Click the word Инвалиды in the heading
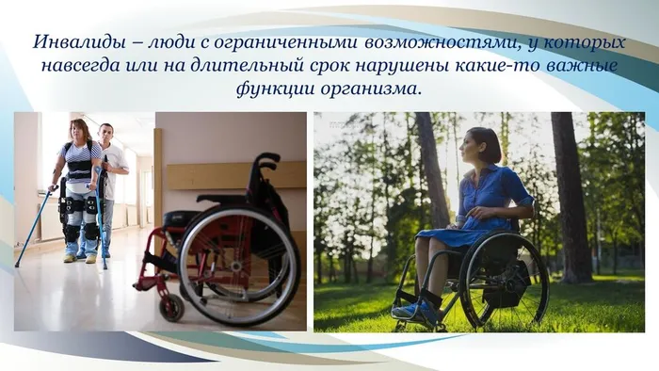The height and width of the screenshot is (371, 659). click(x=68, y=43)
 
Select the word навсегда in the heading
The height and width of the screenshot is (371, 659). click(x=80, y=67)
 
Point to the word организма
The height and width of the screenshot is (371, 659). click(x=371, y=89)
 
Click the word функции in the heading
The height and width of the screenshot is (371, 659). click(x=276, y=89)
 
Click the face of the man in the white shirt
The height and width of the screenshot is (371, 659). click(x=105, y=132)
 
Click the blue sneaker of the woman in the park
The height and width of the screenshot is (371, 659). click(x=407, y=310)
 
